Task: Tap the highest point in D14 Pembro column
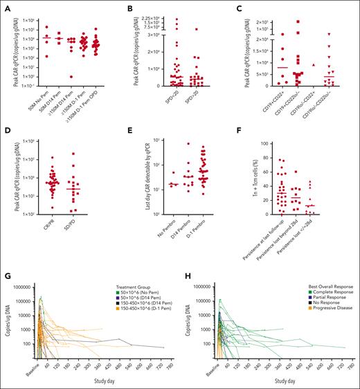point(188,144)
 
